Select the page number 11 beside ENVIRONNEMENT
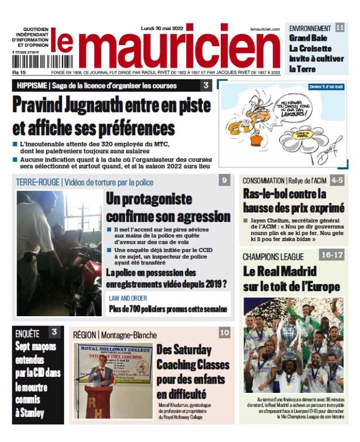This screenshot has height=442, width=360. coord(340,28)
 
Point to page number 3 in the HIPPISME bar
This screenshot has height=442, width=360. coord(205,85)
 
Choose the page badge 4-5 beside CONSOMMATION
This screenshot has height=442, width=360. coord(337,180)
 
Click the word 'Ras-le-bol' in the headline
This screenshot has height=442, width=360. coord(268,195)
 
